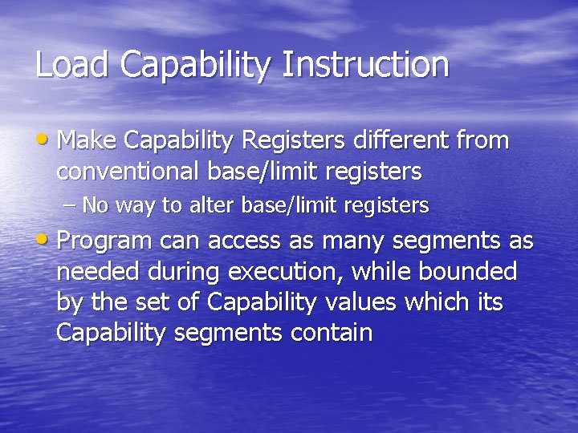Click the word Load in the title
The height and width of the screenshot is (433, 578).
[72, 65]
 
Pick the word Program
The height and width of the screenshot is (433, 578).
[105, 242]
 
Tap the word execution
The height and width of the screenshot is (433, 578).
[287, 273]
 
